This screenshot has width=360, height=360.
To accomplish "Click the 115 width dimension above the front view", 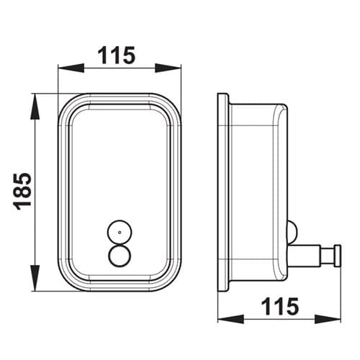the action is click(117, 55).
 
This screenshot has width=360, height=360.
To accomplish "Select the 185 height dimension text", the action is click(22, 192).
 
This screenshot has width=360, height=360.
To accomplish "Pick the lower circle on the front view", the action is click(120, 256).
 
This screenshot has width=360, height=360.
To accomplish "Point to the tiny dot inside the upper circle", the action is click(120, 232).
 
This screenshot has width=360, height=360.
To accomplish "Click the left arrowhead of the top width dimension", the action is click(71, 68).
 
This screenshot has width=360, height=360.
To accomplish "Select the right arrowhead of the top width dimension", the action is click(168, 68).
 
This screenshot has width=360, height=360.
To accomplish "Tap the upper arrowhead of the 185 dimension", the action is click(35, 107).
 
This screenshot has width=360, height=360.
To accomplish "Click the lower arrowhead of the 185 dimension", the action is click(35, 278).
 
